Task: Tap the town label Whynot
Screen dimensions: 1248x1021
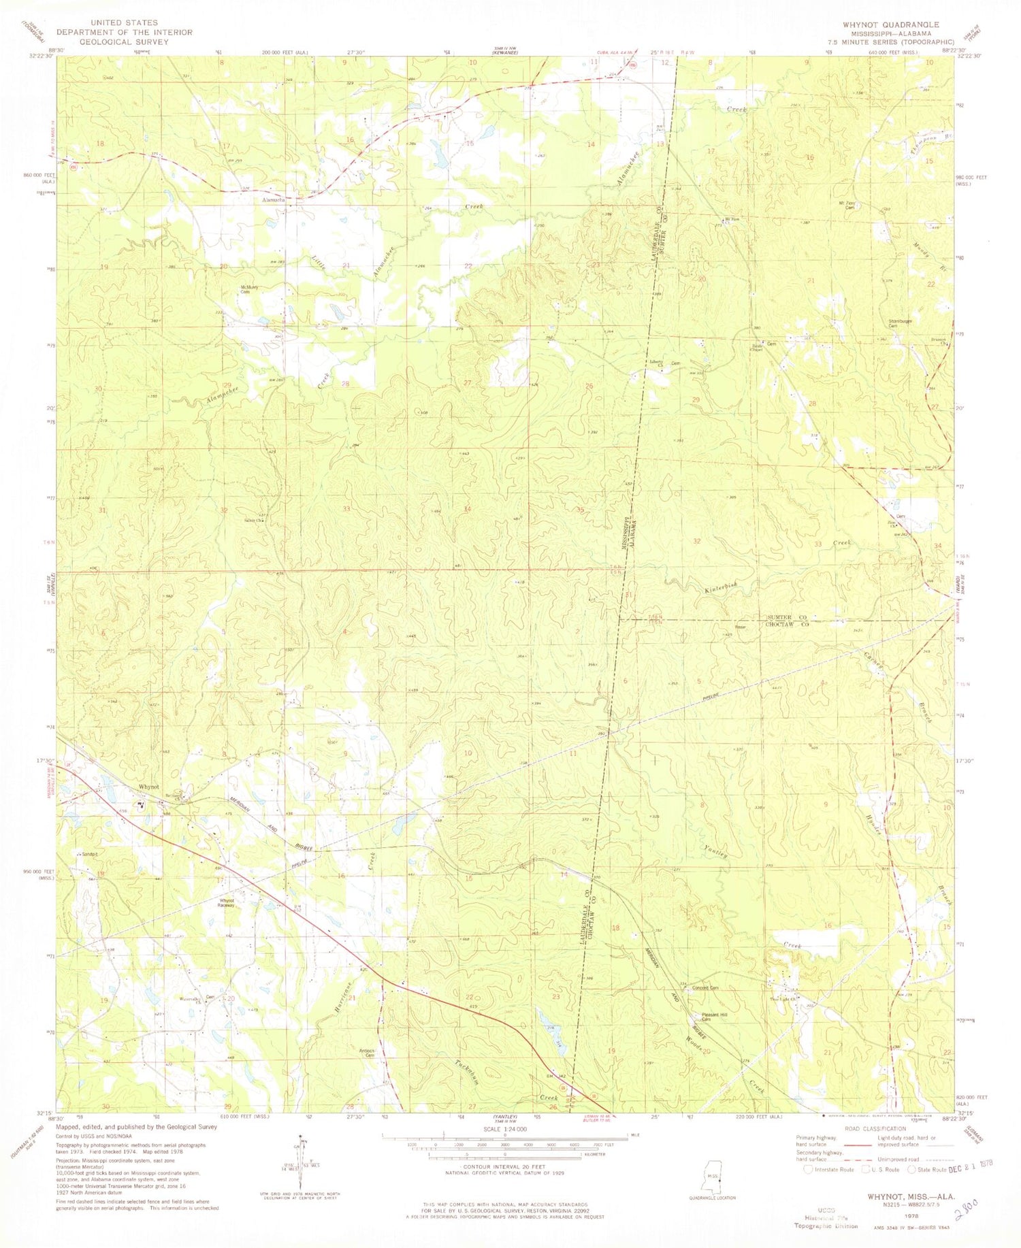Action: [148, 787]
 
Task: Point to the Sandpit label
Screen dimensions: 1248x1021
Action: [90, 853]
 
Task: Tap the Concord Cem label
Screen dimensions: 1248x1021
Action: [705, 988]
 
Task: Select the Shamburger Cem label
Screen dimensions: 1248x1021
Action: [900, 323]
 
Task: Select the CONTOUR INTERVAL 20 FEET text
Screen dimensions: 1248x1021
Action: [504, 1166]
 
